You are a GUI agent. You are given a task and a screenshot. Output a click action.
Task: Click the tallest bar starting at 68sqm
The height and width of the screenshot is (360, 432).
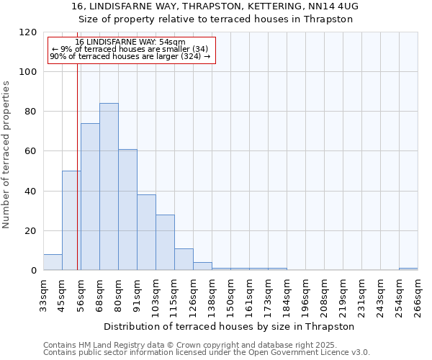(x=109, y=187)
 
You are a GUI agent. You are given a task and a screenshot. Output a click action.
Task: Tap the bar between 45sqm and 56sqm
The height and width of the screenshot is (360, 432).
(x=71, y=220)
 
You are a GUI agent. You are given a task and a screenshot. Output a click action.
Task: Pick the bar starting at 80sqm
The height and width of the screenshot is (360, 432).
(x=127, y=210)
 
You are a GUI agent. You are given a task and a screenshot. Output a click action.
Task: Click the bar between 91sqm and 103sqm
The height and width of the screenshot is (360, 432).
(x=146, y=233)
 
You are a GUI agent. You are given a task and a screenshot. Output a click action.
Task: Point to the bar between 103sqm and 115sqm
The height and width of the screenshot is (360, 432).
(x=165, y=243)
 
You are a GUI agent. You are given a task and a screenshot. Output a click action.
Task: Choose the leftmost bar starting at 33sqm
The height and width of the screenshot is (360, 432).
(x=53, y=262)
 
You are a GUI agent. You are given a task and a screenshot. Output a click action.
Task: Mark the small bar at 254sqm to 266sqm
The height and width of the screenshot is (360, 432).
(x=408, y=269)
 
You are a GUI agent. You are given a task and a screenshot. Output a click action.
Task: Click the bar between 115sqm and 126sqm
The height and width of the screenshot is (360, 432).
(x=184, y=259)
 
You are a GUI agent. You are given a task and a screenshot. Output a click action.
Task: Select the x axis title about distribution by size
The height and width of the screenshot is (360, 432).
(x=230, y=326)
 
